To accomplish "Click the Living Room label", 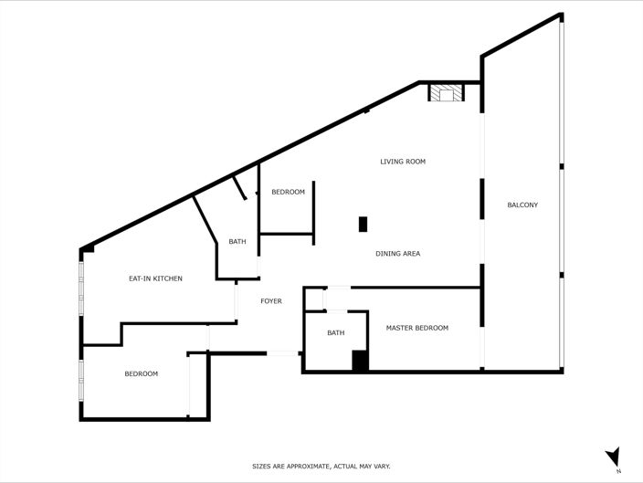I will (403, 162).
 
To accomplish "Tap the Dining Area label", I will (397, 253).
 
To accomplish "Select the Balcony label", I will (522, 205).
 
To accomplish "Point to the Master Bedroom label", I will (416, 328).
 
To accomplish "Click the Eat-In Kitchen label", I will (155, 278).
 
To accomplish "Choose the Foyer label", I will (270, 301).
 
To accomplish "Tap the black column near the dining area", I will (363, 224).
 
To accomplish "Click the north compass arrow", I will (613, 456).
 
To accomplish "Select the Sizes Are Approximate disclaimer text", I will (321, 467).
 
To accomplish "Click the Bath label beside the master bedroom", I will (336, 332).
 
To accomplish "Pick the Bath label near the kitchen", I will (237, 241).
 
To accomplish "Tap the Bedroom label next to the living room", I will (288, 192).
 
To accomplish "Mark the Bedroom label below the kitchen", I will (142, 373).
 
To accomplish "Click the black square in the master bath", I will (360, 361).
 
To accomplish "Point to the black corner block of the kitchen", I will (87, 248).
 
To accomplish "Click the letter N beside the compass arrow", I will (618, 471).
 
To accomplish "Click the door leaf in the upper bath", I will (239, 188).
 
